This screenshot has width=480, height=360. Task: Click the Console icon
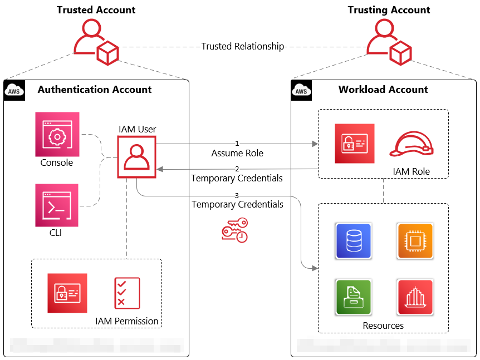pos(57,134)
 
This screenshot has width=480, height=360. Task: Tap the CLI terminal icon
pos(57,205)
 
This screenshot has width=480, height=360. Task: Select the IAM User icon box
pos(136,157)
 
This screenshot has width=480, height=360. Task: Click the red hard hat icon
pos(411,144)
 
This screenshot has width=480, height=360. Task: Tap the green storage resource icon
pos(353,297)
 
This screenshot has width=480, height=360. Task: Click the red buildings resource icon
pos(415,297)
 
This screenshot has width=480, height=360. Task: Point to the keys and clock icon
pos(234,230)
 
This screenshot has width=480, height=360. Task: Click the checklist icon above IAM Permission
pos(127,293)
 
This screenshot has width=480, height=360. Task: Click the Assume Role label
pos(237,153)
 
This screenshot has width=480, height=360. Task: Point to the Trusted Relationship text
pos(242,47)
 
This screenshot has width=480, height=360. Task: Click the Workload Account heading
pos(383,90)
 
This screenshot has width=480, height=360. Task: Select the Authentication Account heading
pos(95,90)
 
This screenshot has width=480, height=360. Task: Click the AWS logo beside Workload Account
pos(301,90)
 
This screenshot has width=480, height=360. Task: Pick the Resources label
pos(383,326)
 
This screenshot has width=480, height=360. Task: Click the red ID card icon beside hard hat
pos(355,144)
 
